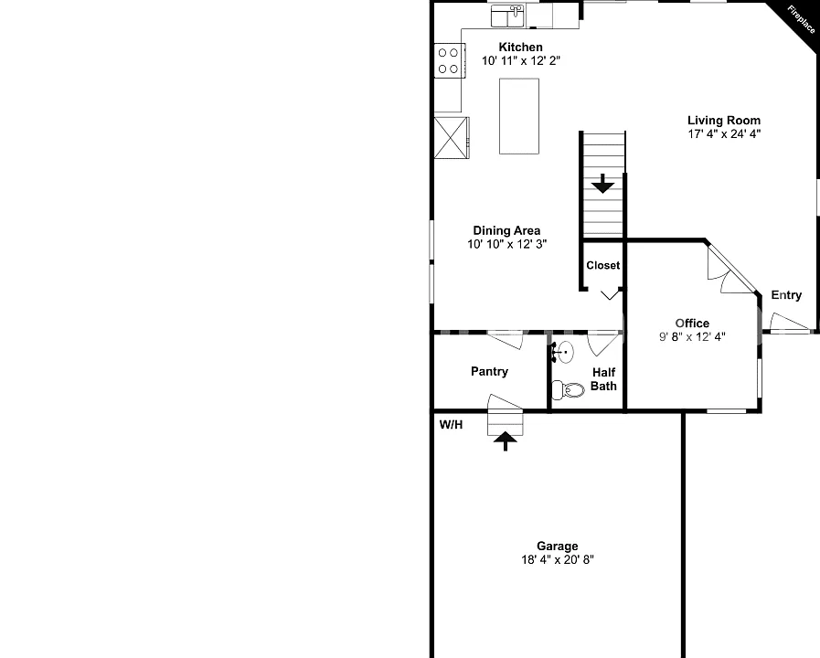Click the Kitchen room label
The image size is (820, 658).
[520, 47]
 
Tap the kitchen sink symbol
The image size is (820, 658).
[507, 16]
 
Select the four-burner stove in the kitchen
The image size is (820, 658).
[449, 60]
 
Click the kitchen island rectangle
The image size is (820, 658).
[518, 116]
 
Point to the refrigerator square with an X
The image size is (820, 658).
[452, 138]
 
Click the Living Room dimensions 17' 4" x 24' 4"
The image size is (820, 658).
[724, 133]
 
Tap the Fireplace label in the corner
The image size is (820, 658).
[801, 19]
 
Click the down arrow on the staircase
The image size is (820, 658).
[603, 184]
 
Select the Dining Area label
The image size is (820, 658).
[506, 230]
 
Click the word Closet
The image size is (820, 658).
[603, 266]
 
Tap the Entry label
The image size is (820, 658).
[786, 295]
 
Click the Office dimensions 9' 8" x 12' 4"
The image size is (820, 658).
[692, 337]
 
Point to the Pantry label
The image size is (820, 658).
[489, 372]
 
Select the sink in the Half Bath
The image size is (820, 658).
[563, 353]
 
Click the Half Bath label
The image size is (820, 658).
[603, 379]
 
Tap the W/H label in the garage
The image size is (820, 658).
[451, 425]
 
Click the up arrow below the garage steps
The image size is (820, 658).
[506, 441]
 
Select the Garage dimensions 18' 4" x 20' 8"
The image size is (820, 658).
[558, 560]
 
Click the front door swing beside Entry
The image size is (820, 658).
[789, 323]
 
